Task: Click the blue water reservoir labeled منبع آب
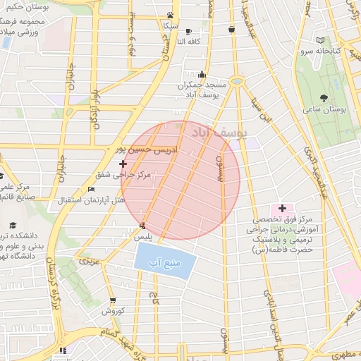(164, 263)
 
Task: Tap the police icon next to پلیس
(143, 226)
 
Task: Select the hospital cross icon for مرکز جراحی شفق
(123, 164)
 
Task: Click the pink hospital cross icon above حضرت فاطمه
(282, 208)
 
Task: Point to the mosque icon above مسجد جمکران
(203, 74)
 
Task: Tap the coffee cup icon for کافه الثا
(188, 30)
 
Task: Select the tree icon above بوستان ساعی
(324, 98)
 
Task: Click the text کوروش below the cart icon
(113, 311)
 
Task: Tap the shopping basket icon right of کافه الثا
(232, 30)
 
